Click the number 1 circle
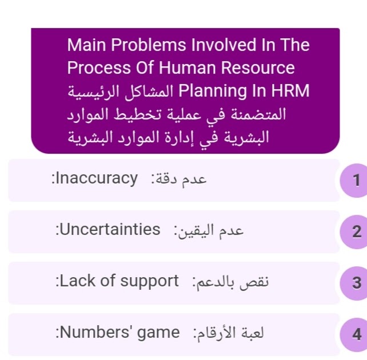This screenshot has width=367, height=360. (354, 181)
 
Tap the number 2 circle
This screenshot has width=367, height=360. (354, 232)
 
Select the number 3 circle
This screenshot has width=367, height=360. (354, 283)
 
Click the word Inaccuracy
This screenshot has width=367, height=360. (97, 178)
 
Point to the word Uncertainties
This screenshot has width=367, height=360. (110, 230)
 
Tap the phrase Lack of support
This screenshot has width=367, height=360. (119, 281)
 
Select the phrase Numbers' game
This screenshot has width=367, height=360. (119, 332)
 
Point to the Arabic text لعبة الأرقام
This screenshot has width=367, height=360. (231, 333)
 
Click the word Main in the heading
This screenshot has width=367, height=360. (85, 45)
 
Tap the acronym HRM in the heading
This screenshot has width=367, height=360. (292, 91)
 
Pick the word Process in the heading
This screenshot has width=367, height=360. (95, 68)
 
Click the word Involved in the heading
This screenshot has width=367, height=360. (222, 45)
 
